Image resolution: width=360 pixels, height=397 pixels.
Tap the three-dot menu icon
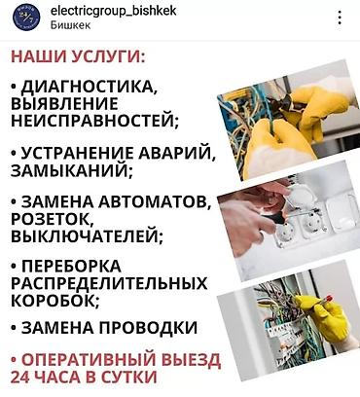(339, 18)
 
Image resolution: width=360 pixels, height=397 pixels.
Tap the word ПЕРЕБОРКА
(70, 267)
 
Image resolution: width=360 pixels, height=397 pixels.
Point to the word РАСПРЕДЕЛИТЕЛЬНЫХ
(107, 283)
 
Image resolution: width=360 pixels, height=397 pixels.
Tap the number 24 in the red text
(20, 376)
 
